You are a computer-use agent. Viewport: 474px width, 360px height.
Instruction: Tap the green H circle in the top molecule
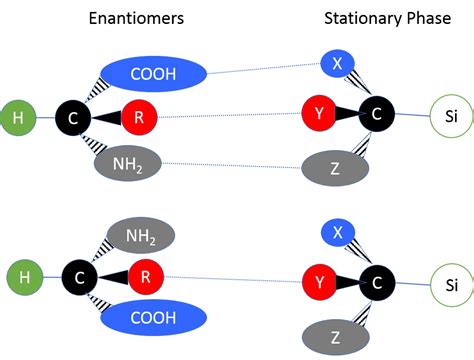pyautogui.click(x=17, y=118)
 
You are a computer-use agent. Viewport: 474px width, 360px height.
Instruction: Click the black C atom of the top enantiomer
pyautogui.click(x=72, y=118)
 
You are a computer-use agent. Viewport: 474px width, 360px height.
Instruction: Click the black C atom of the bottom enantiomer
pyautogui.click(x=79, y=274)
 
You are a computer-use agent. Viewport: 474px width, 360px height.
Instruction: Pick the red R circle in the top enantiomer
pyautogui.click(x=139, y=117)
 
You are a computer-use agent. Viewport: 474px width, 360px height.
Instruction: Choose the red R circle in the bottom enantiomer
pyautogui.click(x=145, y=274)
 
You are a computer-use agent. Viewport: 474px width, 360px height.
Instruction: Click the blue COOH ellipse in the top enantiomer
pyautogui.click(x=154, y=73)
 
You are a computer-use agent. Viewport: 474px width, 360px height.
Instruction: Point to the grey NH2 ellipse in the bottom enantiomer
pyautogui.click(x=140, y=236)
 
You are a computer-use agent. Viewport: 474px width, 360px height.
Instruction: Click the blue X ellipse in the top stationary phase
pyautogui.click(x=338, y=65)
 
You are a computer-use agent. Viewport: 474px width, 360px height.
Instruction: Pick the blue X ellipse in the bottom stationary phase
pyautogui.click(x=338, y=233)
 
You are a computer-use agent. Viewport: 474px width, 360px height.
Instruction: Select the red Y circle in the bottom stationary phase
pyautogui.click(x=319, y=283)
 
